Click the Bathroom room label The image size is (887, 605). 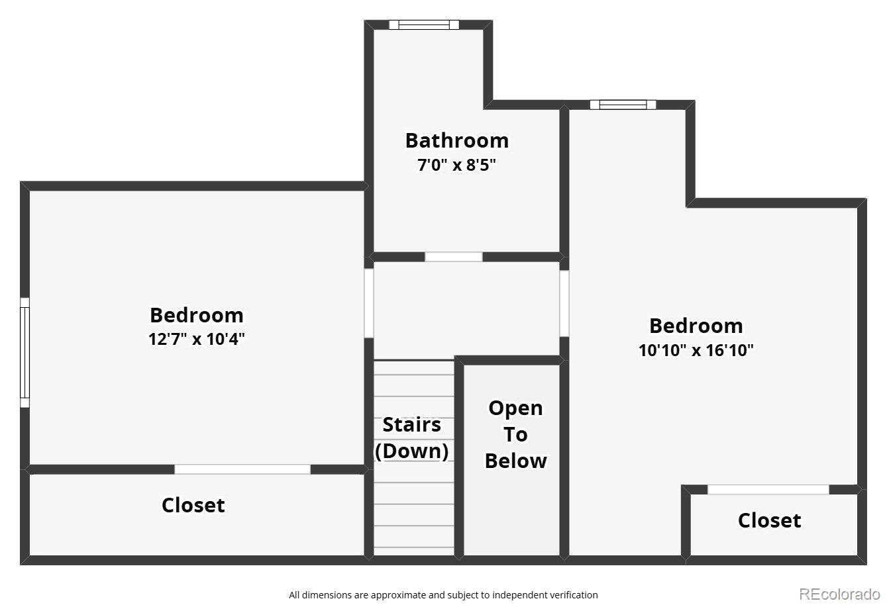(x=456, y=140)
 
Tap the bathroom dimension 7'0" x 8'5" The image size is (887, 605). (x=456, y=165)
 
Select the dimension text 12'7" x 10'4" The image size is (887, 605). (x=197, y=339)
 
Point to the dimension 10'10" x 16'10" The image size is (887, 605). (x=696, y=350)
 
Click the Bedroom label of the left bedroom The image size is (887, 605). (x=197, y=314)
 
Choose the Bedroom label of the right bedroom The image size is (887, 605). (x=696, y=326)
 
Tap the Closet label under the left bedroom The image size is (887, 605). (x=193, y=505)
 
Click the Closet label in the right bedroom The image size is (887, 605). (x=769, y=520)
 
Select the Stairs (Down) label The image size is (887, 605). (x=412, y=438)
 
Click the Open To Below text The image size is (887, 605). (x=515, y=434)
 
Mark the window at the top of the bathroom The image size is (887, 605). (x=423, y=25)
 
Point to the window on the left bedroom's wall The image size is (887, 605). (x=25, y=352)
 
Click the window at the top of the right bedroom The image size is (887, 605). (x=623, y=105)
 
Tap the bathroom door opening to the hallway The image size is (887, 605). (x=454, y=257)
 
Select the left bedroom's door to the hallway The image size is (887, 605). (x=369, y=302)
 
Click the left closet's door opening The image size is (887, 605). (x=242, y=469)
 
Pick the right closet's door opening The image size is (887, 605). (x=768, y=490)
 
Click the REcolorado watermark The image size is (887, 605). (x=839, y=594)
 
